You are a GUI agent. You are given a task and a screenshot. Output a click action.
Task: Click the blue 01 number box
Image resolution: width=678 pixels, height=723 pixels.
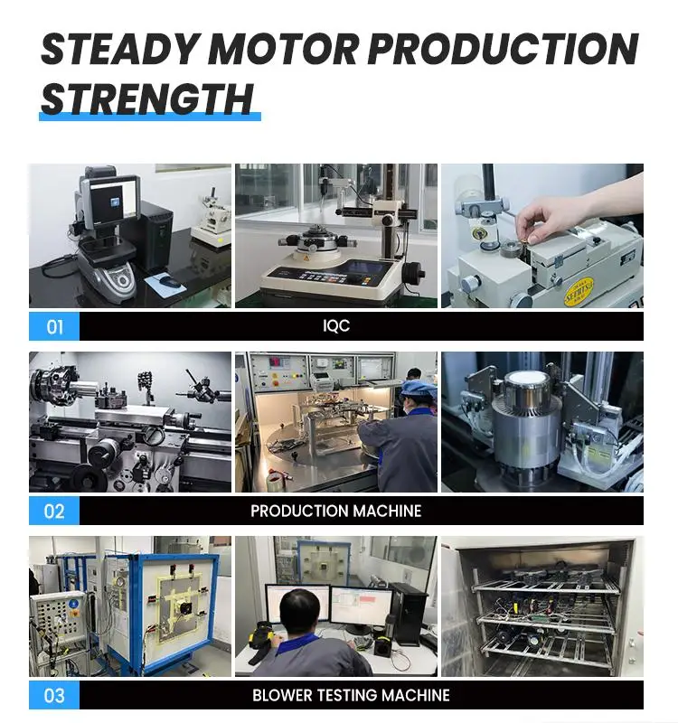pyautogui.click(x=54, y=326)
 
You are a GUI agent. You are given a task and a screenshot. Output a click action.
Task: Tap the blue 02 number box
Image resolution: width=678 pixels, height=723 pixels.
pyautogui.click(x=54, y=511)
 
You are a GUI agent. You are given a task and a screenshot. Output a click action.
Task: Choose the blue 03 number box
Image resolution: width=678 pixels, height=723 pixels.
pyautogui.click(x=54, y=695)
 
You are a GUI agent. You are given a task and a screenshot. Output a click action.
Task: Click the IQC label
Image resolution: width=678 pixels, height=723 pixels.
pyautogui.click(x=336, y=326)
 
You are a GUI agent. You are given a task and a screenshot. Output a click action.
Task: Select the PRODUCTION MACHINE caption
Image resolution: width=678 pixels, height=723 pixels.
pyautogui.click(x=336, y=511)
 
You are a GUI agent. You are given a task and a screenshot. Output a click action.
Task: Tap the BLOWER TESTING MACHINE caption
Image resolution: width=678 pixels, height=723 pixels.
pyautogui.click(x=351, y=695)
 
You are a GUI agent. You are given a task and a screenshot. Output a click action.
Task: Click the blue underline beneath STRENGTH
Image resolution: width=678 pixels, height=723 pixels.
pyautogui.click(x=149, y=117)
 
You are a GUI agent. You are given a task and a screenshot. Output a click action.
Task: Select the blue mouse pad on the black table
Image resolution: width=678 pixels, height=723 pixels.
pyautogui.click(x=167, y=282)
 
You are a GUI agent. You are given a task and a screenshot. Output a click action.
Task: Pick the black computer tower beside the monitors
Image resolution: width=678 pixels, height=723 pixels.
pyautogui.click(x=410, y=613)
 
